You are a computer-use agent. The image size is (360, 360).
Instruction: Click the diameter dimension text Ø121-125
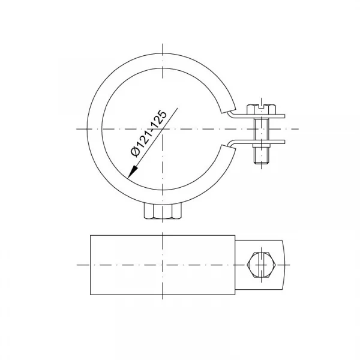(149, 134)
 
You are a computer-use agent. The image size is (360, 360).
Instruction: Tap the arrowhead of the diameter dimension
(132, 172)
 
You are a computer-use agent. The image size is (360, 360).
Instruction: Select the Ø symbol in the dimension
(136, 152)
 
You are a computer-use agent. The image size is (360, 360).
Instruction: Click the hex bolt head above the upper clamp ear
(261, 109)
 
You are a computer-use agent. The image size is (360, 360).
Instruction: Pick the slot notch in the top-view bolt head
(261, 106)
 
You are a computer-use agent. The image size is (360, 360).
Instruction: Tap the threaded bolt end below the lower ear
(262, 155)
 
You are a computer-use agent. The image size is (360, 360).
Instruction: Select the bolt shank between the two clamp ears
(262, 129)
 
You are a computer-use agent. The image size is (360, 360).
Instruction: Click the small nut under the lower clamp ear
(262, 145)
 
